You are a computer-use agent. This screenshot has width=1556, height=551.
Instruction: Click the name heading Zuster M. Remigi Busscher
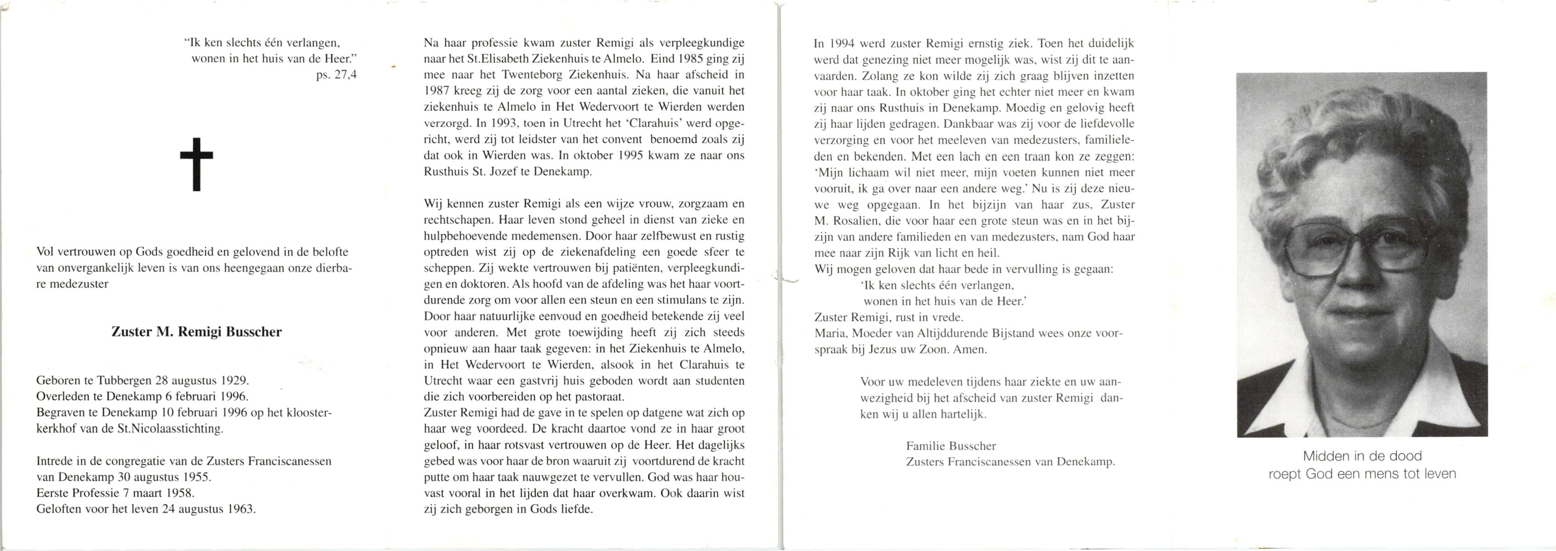(197, 332)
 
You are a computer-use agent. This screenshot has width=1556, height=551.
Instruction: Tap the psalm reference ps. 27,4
(337, 75)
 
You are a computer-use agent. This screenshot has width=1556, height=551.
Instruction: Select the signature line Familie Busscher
(951, 446)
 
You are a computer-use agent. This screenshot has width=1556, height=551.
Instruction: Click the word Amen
(970, 349)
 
